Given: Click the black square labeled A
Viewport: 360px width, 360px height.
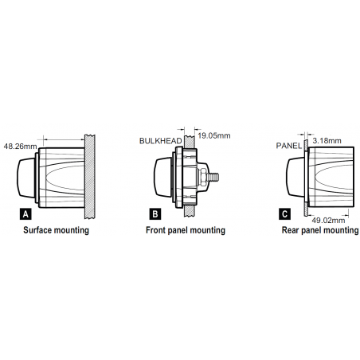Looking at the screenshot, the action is point(25,214).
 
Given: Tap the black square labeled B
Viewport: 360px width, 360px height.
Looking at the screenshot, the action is point(155,214).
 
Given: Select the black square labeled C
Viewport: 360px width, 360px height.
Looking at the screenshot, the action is point(284,214).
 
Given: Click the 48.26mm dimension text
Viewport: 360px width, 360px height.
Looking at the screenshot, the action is point(20,147).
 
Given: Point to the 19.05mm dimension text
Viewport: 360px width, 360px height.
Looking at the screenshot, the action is point(214,135).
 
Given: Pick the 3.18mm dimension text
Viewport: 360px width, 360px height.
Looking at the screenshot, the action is point(327,141).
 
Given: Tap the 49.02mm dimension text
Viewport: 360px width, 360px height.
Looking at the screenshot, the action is point(328,221).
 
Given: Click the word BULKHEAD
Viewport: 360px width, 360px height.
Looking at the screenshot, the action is point(161,141).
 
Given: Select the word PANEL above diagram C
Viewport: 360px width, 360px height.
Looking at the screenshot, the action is point(289,146).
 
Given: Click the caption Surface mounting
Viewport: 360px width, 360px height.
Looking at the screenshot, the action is point(56,230).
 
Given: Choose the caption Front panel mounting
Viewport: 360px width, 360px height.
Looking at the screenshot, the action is point(186,230).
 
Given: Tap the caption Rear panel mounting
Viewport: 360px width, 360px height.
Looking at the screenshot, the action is point(320,230).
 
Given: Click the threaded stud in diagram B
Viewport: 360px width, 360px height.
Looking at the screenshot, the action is point(213,177).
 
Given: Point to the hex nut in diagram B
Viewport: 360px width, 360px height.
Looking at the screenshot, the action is point(203,178).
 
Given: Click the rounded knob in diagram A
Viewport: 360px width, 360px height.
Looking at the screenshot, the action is point(26,178).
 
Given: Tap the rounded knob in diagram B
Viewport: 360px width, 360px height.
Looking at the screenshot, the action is point(163,178).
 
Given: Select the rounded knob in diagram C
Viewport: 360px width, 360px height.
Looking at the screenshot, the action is point(295,177).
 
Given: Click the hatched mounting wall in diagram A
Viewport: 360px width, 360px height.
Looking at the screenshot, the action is point(90,177).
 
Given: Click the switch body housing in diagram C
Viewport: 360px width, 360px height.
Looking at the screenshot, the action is point(331,177).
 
